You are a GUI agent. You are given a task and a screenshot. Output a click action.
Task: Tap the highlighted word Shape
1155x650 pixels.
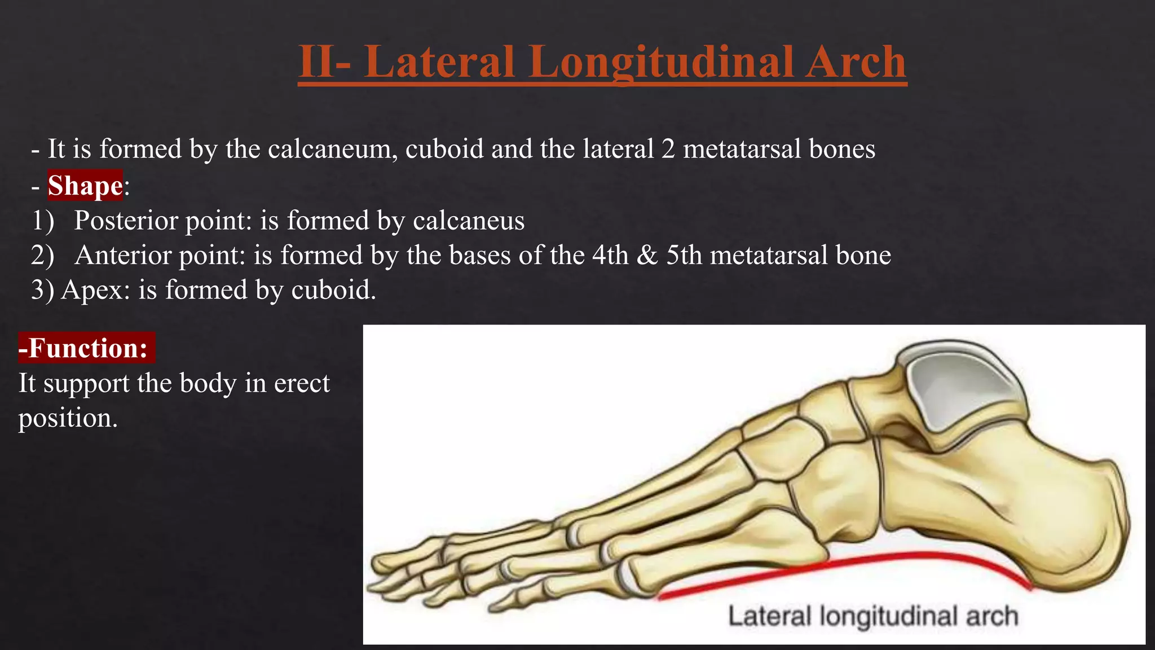85,186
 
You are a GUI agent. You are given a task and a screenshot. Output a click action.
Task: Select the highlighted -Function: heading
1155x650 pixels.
86,348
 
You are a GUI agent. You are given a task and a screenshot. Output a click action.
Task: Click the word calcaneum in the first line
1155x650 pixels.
331,149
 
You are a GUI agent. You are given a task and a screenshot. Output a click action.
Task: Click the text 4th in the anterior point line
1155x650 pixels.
610,255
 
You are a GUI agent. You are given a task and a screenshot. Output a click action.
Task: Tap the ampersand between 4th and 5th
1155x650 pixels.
647,255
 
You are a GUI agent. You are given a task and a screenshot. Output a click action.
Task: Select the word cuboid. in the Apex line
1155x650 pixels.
333,290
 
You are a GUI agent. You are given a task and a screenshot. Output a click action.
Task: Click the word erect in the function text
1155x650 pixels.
302,383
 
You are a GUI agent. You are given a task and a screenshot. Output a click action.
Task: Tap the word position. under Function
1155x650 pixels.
68,418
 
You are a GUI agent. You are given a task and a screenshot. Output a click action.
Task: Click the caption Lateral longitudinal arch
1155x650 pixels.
872,616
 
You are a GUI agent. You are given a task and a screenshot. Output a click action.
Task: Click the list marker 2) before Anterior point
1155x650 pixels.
43,255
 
